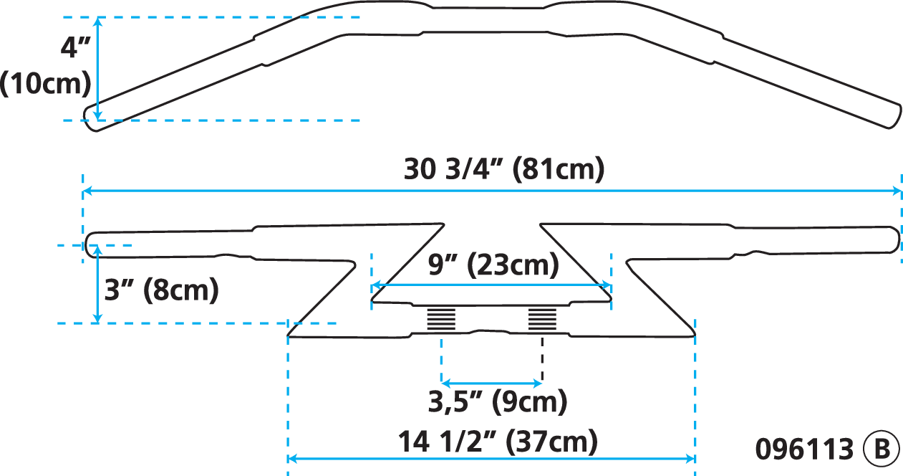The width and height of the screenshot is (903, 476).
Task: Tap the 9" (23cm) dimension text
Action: (494, 266)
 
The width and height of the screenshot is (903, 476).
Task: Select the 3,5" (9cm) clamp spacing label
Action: (497, 401)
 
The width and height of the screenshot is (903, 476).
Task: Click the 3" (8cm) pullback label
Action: (160, 290)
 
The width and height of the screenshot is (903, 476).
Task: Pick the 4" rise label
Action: (75, 49)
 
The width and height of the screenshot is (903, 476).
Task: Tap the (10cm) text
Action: (46, 84)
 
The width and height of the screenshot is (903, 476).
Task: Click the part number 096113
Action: (804, 449)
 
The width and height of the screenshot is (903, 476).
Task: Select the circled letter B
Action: (880, 449)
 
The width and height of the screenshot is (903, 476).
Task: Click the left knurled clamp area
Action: (440, 318)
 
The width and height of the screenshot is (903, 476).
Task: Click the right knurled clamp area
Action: (542, 318)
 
